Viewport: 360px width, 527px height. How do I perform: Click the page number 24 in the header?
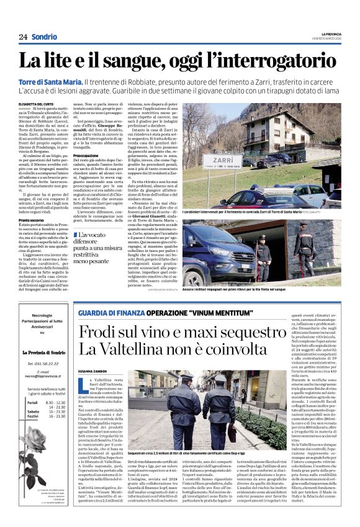coord(23,37)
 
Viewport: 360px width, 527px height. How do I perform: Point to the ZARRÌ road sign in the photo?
coord(222,160)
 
